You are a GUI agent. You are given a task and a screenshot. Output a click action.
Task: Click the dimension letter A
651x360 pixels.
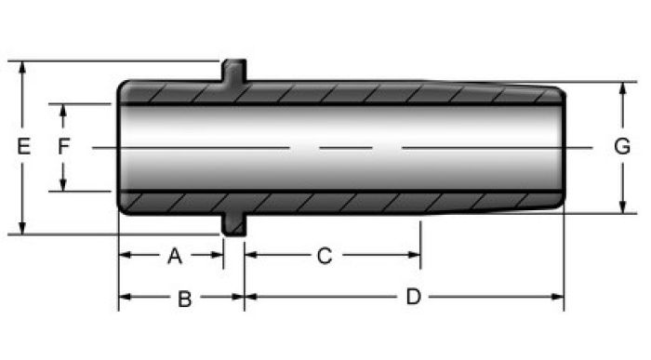[x=175, y=256]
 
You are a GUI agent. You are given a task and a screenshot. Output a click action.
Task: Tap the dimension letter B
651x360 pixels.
[x=185, y=299]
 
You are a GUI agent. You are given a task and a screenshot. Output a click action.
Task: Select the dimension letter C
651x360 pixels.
[x=325, y=256]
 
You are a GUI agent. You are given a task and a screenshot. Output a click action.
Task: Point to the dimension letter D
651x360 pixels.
[x=413, y=297]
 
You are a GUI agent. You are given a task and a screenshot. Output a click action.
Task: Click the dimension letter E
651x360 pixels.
[x=23, y=147]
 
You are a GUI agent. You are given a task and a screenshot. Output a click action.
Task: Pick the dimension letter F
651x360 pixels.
[x=63, y=147]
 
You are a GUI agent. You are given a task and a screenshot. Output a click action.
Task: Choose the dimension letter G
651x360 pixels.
[x=622, y=147]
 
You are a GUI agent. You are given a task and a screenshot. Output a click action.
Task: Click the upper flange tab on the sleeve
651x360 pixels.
[x=233, y=72]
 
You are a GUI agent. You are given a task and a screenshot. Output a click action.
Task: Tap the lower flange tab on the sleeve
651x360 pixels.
[x=233, y=224]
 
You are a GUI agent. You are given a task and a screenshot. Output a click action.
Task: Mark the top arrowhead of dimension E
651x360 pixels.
[x=22, y=68]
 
